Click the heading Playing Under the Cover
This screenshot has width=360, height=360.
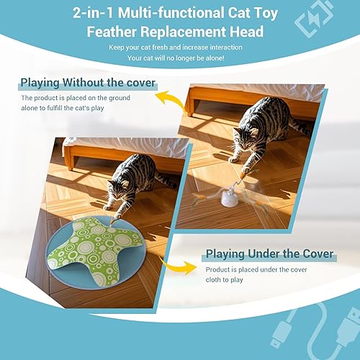[x=269, y=253]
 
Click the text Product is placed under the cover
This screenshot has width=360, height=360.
[x=256, y=269]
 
